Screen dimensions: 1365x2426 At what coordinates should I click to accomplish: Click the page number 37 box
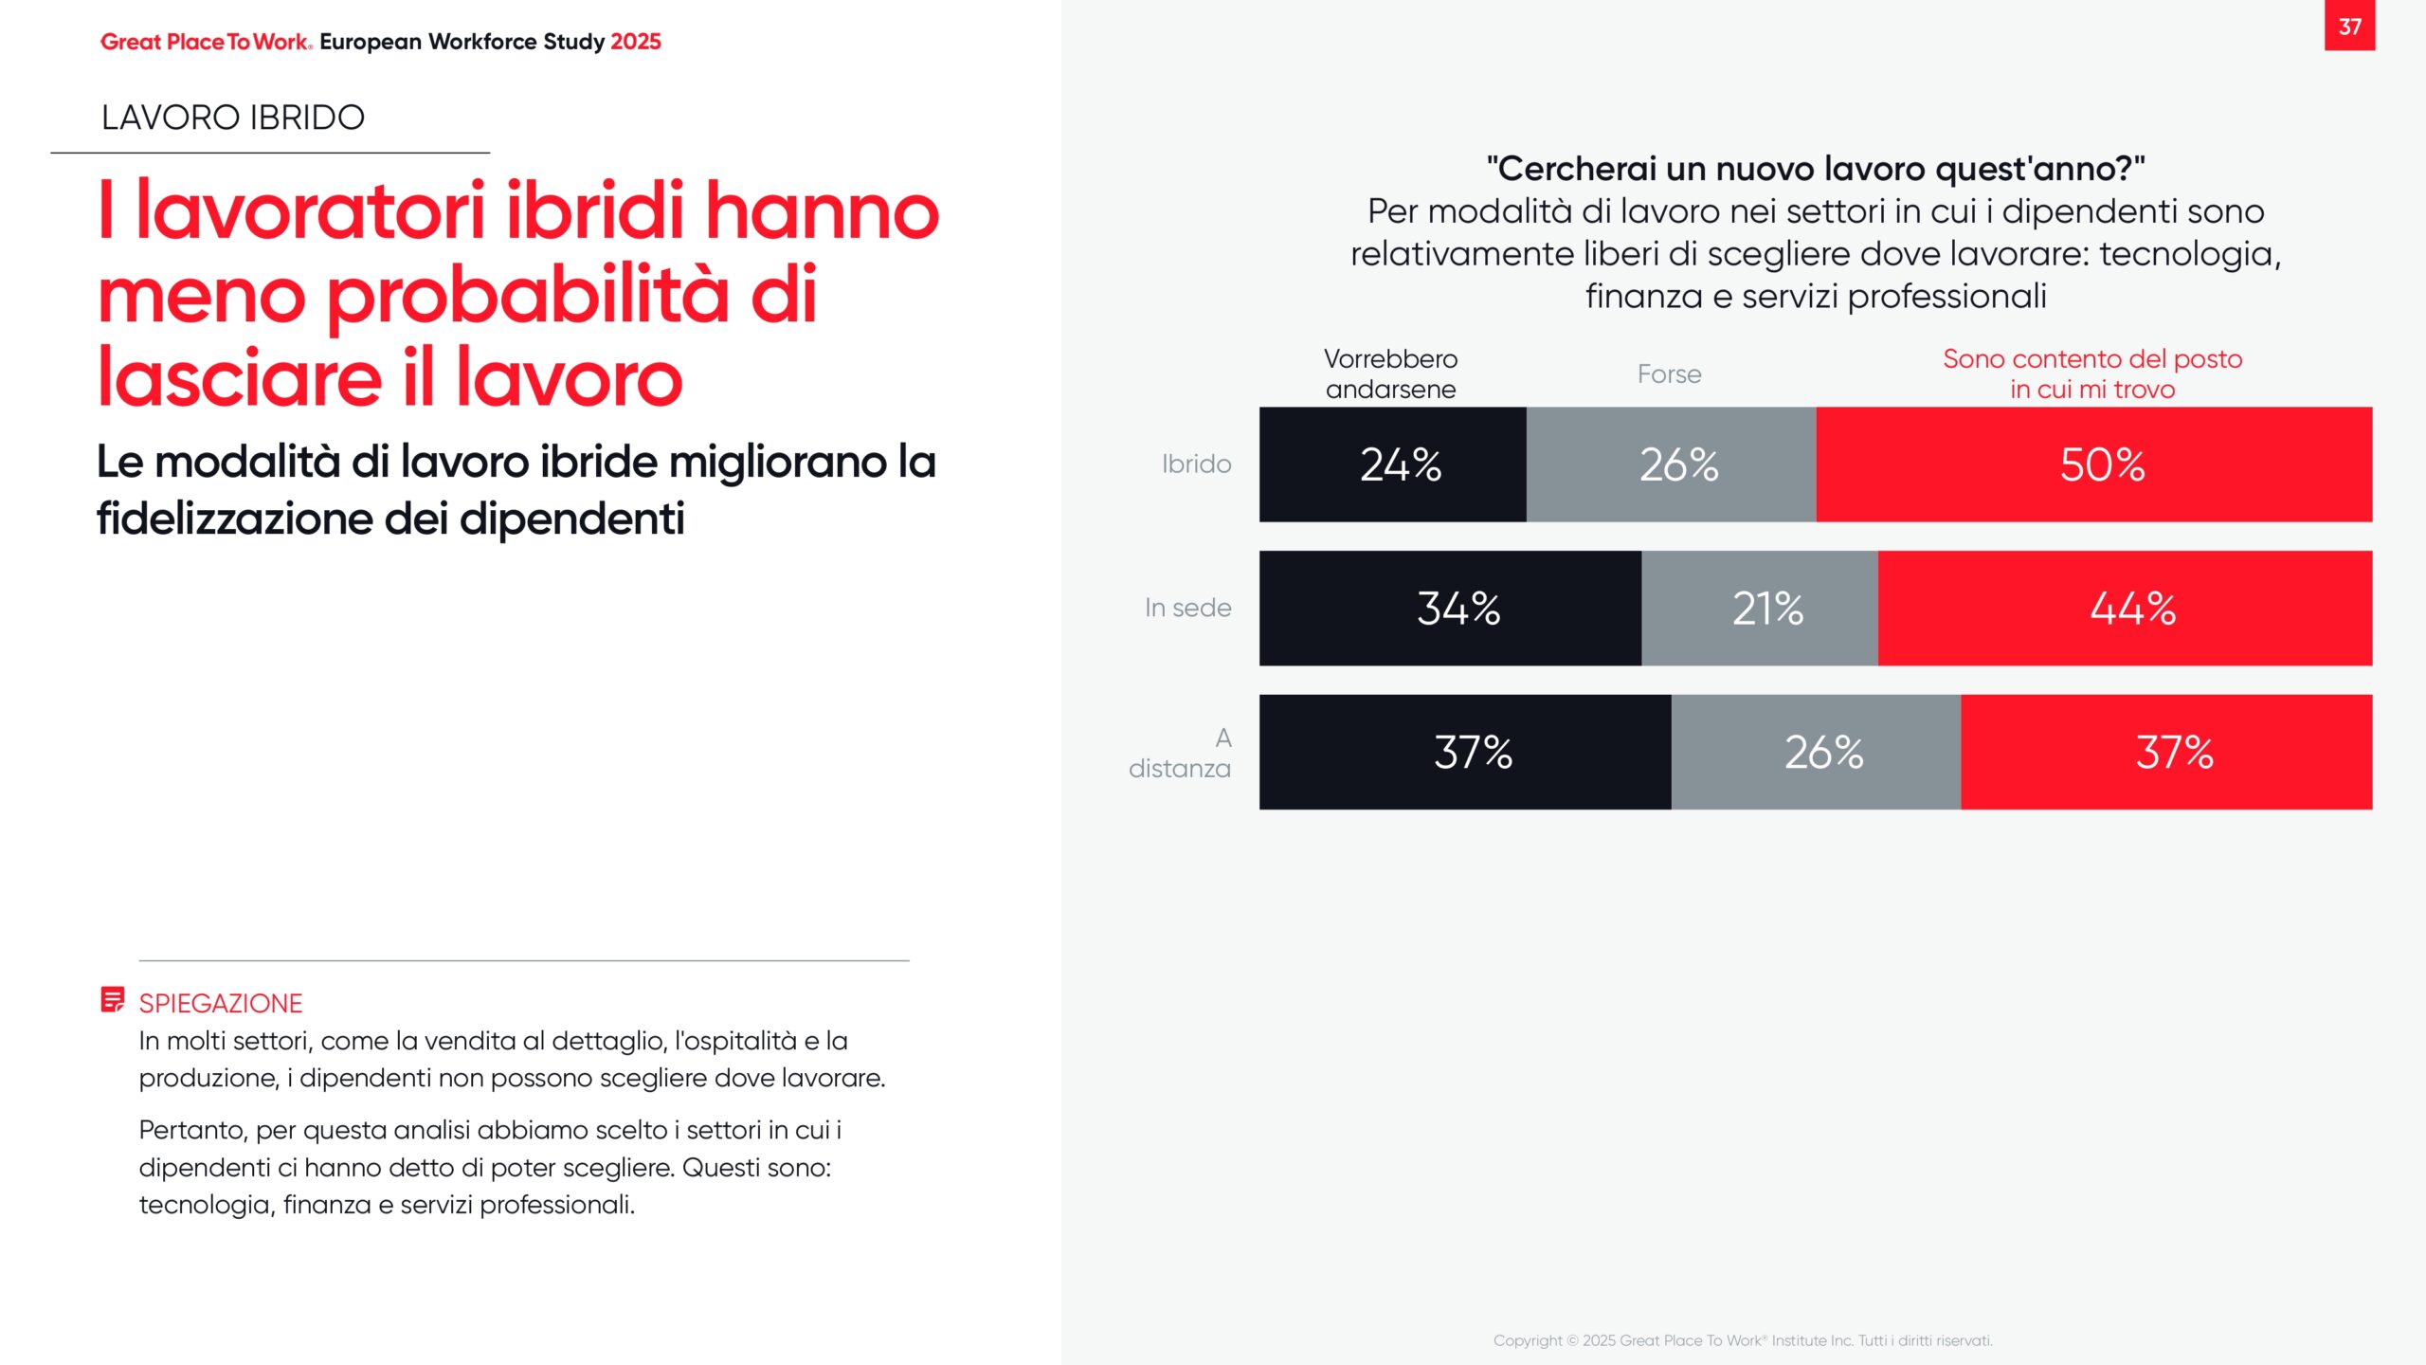2348,26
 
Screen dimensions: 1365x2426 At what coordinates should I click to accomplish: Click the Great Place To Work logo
206,42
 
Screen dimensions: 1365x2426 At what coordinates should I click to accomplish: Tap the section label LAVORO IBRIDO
233,118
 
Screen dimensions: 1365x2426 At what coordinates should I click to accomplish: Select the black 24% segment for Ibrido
1392,464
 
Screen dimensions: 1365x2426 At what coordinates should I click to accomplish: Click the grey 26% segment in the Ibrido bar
1671,464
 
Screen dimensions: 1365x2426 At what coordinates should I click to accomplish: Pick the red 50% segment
2094,464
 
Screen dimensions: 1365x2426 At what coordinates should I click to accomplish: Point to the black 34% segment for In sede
1450,608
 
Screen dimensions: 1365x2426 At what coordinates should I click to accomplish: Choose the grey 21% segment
1760,608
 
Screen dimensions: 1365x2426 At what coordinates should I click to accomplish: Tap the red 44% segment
2125,608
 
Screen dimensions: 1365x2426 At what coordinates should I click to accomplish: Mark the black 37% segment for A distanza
1465,752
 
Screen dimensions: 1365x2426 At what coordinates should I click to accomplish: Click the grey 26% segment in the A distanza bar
1816,752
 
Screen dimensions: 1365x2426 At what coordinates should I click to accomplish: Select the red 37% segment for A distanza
2166,752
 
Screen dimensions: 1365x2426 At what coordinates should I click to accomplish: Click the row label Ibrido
1196,464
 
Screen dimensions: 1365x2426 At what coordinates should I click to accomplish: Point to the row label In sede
1187,608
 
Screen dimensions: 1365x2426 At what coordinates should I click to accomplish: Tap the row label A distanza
1181,753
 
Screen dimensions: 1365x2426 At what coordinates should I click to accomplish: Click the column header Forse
1669,374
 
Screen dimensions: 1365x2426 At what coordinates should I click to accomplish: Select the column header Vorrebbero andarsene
1390,373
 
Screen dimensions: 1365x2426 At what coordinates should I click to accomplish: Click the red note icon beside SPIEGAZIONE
112,999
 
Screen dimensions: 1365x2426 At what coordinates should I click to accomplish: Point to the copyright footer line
1743,1340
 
